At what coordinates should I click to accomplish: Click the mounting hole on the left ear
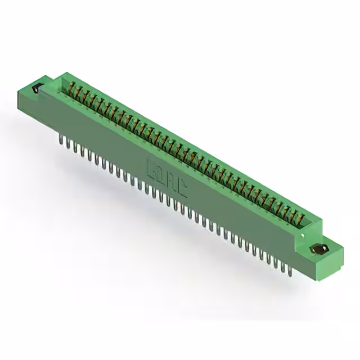click(38, 88)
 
